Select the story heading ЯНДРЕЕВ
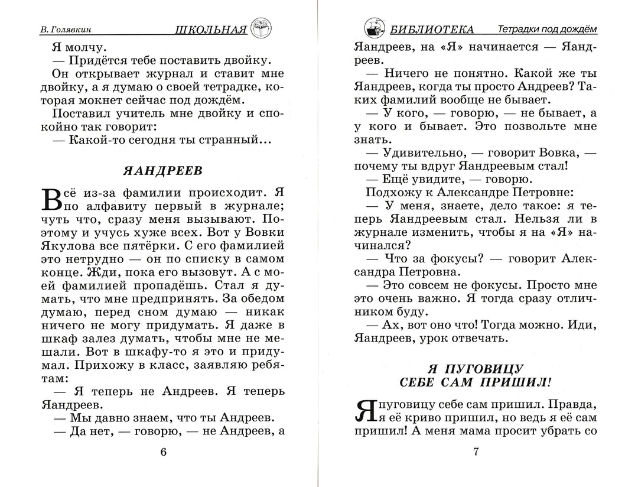(x=162, y=171)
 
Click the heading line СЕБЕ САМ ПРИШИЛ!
(x=476, y=381)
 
